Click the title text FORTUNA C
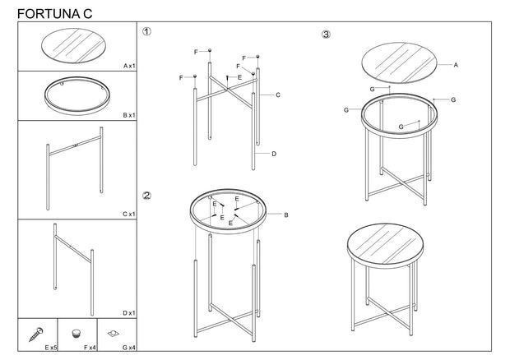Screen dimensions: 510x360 (x=54, y=14)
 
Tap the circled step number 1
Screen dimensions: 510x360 (x=146, y=31)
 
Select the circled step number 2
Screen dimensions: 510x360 (x=146, y=196)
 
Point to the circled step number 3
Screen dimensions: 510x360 (x=326, y=35)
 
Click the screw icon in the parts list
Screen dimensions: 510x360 (x=36, y=335)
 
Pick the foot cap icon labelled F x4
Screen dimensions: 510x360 (x=76, y=334)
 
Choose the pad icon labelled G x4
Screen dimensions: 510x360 (x=114, y=333)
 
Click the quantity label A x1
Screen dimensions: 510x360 (x=129, y=66)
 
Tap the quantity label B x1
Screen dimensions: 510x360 (x=129, y=115)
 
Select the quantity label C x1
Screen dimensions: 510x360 (x=129, y=215)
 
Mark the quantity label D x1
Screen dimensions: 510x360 (x=129, y=313)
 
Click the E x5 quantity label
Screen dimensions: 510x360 (x=51, y=348)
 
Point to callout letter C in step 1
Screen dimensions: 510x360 (x=278, y=95)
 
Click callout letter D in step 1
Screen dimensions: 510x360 (x=274, y=154)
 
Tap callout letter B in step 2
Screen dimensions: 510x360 (x=286, y=215)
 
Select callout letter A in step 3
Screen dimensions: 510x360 (x=456, y=65)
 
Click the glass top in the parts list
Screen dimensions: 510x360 (x=73, y=45)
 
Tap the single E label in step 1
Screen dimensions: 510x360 (x=239, y=77)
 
